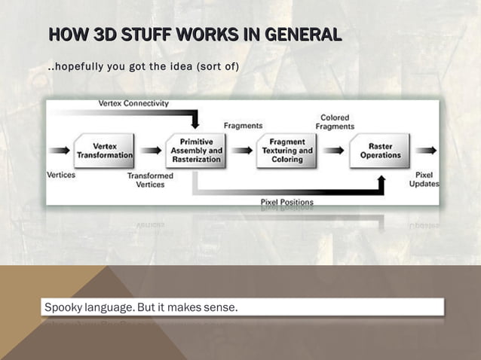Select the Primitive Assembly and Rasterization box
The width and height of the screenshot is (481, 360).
196,151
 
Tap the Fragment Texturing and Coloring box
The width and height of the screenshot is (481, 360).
287,151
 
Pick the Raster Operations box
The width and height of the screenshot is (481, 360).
381,151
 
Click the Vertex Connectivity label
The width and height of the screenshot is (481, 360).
133,103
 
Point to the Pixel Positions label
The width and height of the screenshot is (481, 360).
287,202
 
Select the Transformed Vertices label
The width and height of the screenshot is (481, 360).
150,180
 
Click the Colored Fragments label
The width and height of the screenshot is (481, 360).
335,122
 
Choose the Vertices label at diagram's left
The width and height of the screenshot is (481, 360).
60,175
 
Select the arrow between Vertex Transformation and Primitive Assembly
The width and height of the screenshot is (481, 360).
151,151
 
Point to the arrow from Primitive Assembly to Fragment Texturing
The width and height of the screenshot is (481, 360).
242,151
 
